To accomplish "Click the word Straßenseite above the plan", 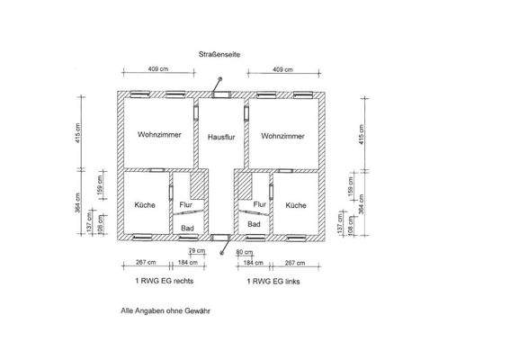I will [x=219, y=55].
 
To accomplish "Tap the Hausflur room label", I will [x=221, y=137].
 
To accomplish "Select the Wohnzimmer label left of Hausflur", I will [x=160, y=135].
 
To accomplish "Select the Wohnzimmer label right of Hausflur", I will [x=282, y=136].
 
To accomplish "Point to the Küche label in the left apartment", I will [x=145, y=205].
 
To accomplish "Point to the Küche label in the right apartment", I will [x=296, y=205].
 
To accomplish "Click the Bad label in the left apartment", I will [x=187, y=229].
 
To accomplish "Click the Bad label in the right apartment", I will [x=255, y=224].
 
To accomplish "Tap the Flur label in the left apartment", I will [x=186, y=205].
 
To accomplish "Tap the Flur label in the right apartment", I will [x=259, y=205].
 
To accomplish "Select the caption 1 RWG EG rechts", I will [x=164, y=282].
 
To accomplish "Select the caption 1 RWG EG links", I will [x=277, y=282].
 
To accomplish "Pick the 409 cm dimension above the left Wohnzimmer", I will [x=158, y=68].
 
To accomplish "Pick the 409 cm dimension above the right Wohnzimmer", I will [x=282, y=68].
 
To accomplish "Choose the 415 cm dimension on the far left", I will [x=78, y=134].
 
